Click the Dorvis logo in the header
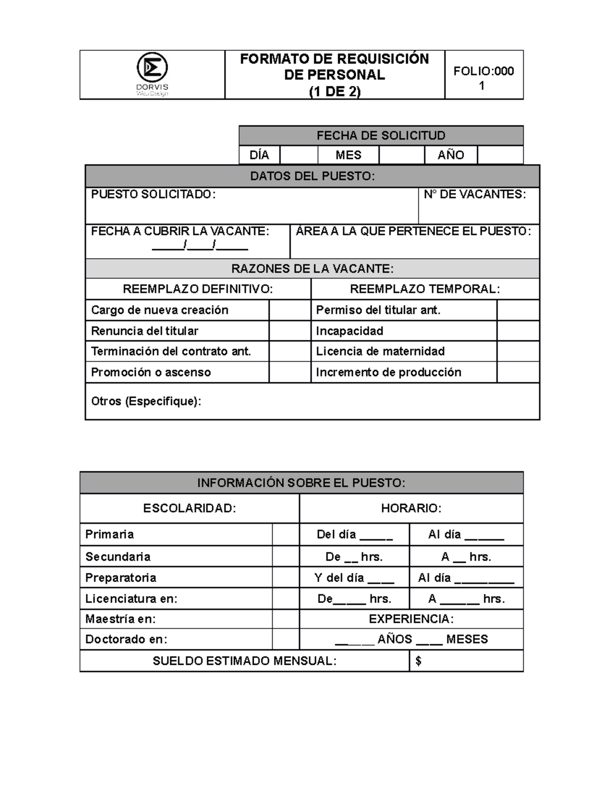point(152,74)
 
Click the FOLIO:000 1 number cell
point(483,78)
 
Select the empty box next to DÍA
point(299,155)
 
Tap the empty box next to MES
point(401,155)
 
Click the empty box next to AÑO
point(500,155)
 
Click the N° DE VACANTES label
point(475,194)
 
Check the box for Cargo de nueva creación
point(290,310)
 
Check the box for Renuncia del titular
point(290,331)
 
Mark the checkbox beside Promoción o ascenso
point(290,372)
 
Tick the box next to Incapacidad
point(518,331)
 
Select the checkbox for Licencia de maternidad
point(518,352)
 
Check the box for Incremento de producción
point(518,372)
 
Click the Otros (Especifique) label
point(146,401)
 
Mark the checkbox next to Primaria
point(285,535)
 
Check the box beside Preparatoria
point(285,578)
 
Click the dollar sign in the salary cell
point(419,661)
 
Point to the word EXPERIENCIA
point(411,619)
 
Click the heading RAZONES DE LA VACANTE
point(312,269)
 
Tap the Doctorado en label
point(126,640)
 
